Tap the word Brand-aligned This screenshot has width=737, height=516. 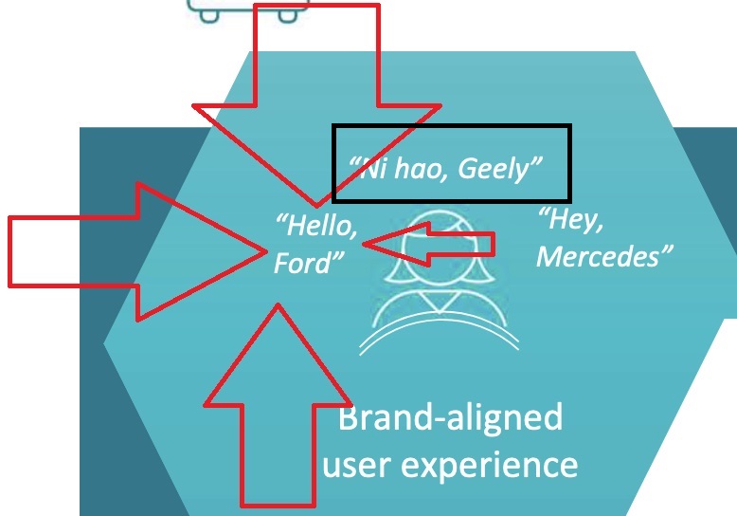coord(449,417)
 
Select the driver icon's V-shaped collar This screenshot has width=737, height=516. coord(439,302)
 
